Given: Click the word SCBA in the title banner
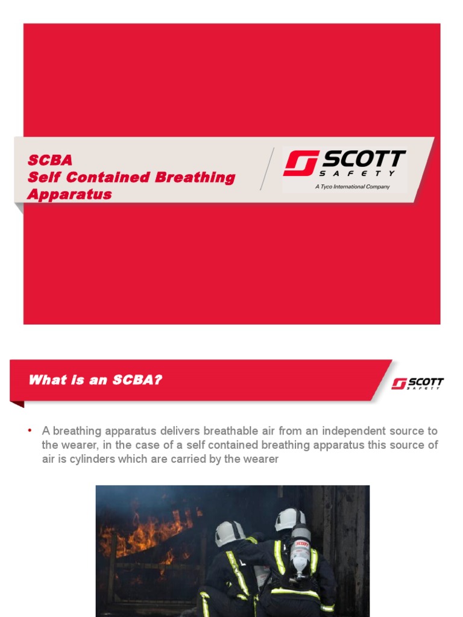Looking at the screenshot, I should click(x=50, y=160).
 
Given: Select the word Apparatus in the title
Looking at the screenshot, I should click(x=69, y=195).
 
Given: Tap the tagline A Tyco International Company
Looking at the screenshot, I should click(x=353, y=187).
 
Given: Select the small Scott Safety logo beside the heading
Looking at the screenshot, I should click(x=417, y=384).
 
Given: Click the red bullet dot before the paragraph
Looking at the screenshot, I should click(x=30, y=431).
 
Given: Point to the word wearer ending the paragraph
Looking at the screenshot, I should click(x=260, y=459).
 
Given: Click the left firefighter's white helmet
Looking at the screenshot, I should click(x=230, y=532).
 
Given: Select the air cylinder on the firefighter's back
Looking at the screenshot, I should click(x=300, y=551).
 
